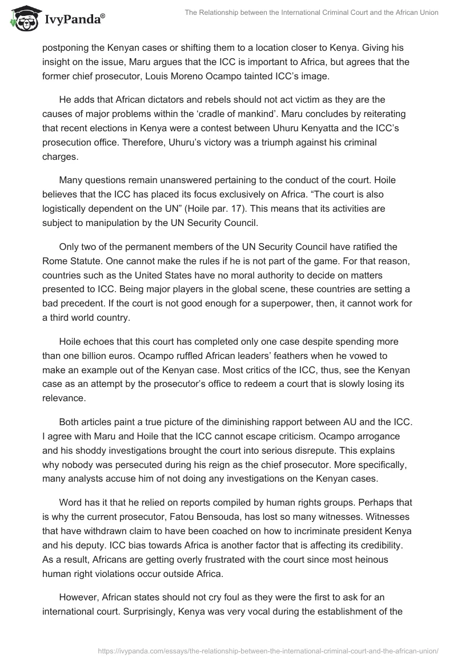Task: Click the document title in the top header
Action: (x=311, y=13)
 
